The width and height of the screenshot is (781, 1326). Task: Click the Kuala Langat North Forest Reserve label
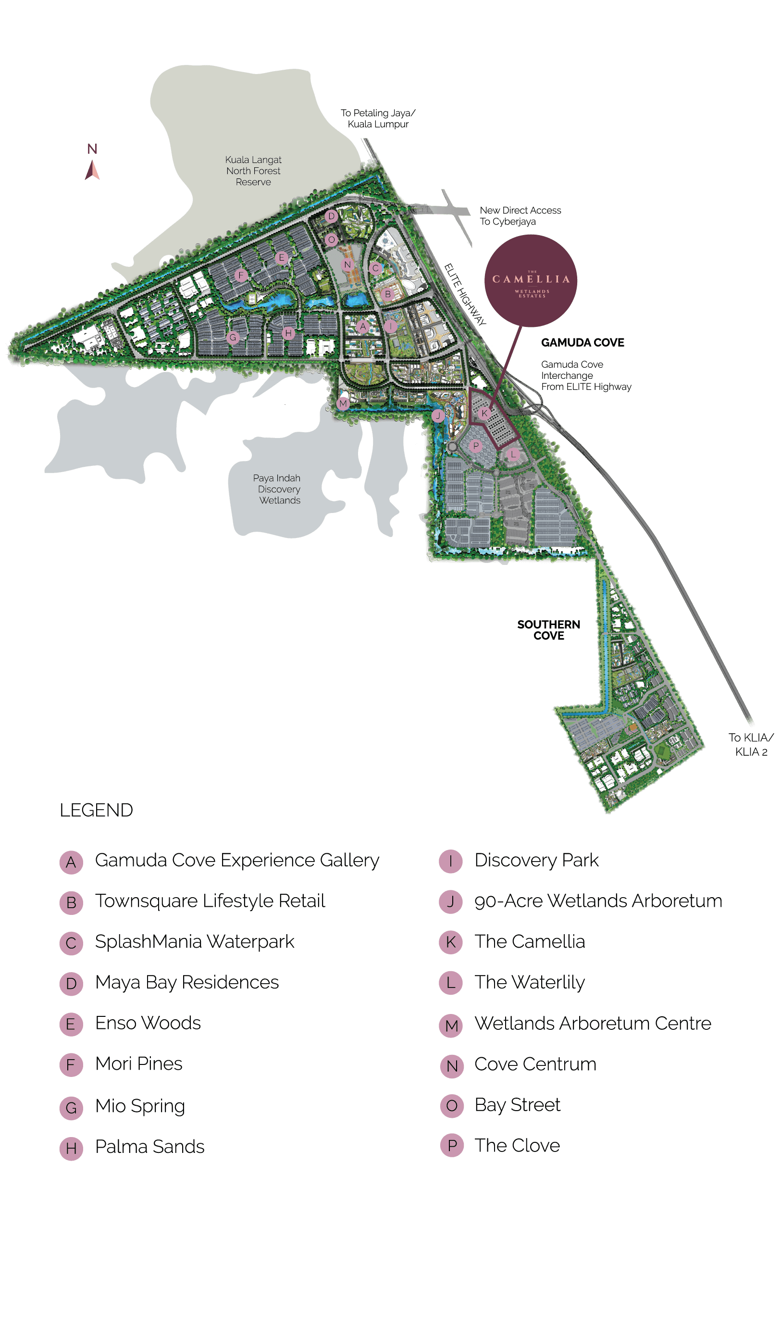[x=253, y=171]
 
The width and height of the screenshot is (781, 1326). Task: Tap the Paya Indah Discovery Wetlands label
[x=277, y=489]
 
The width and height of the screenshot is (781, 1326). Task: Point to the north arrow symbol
[x=92, y=170]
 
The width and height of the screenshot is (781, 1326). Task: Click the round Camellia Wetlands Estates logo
[x=531, y=281]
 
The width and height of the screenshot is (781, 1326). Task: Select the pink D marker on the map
[x=331, y=216]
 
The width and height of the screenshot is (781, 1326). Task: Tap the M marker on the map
[x=343, y=404]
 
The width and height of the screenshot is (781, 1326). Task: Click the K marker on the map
[x=485, y=413]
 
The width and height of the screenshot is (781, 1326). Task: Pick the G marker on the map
[x=233, y=338]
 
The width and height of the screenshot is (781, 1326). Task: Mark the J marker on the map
[x=438, y=415]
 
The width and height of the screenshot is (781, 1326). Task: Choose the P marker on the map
[x=476, y=446]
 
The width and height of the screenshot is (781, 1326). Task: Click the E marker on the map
[x=282, y=257]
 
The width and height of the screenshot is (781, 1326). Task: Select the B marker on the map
[x=388, y=294]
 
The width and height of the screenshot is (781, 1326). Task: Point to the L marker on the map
[x=513, y=454]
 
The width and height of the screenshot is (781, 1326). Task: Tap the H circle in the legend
[x=71, y=1149]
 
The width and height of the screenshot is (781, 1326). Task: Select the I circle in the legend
[x=450, y=862]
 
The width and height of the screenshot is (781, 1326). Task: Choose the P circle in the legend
[x=452, y=1145]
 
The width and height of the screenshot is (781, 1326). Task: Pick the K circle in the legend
[x=450, y=942]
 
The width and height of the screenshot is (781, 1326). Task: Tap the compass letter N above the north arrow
[x=92, y=149]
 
